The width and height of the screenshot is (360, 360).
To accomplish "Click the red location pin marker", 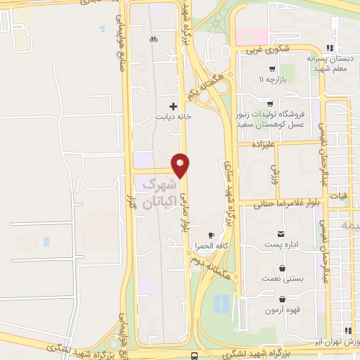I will coord(181,165).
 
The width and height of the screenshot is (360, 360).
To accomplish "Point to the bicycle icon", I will coord(153,40).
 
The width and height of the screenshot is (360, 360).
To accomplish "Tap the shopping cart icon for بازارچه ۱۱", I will coord(271,70).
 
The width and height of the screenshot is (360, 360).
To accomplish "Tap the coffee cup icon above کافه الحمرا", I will coord(212,234).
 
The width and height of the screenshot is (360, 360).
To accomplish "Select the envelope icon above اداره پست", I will coord(281,233).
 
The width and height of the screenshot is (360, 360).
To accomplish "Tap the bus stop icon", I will coord(195,356).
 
